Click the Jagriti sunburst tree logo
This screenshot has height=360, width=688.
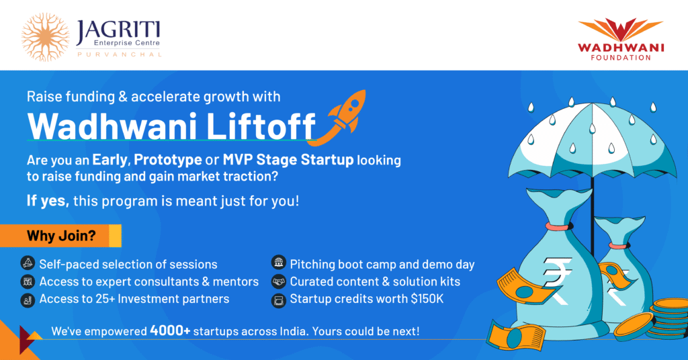tap(45, 37)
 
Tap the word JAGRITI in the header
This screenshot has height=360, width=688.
tap(118, 32)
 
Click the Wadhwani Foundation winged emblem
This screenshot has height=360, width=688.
tap(620, 30)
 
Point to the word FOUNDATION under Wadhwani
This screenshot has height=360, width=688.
tap(620, 58)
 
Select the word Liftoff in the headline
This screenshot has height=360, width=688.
tap(260, 126)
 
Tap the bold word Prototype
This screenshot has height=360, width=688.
tap(167, 160)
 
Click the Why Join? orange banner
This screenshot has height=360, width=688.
tap(60, 236)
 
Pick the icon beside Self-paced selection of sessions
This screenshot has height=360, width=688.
tap(28, 263)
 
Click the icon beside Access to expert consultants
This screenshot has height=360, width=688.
tap(28, 281)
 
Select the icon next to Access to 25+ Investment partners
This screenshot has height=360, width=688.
tap(28, 300)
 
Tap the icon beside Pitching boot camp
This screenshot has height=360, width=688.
tap(279, 263)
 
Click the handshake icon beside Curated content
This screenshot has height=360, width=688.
tap(279, 281)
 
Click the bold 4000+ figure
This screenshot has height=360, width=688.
tap(170, 330)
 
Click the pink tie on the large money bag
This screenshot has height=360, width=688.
tap(559, 226)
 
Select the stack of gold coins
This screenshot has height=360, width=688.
tap(669, 318)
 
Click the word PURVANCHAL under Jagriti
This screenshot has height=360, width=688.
tap(120, 55)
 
